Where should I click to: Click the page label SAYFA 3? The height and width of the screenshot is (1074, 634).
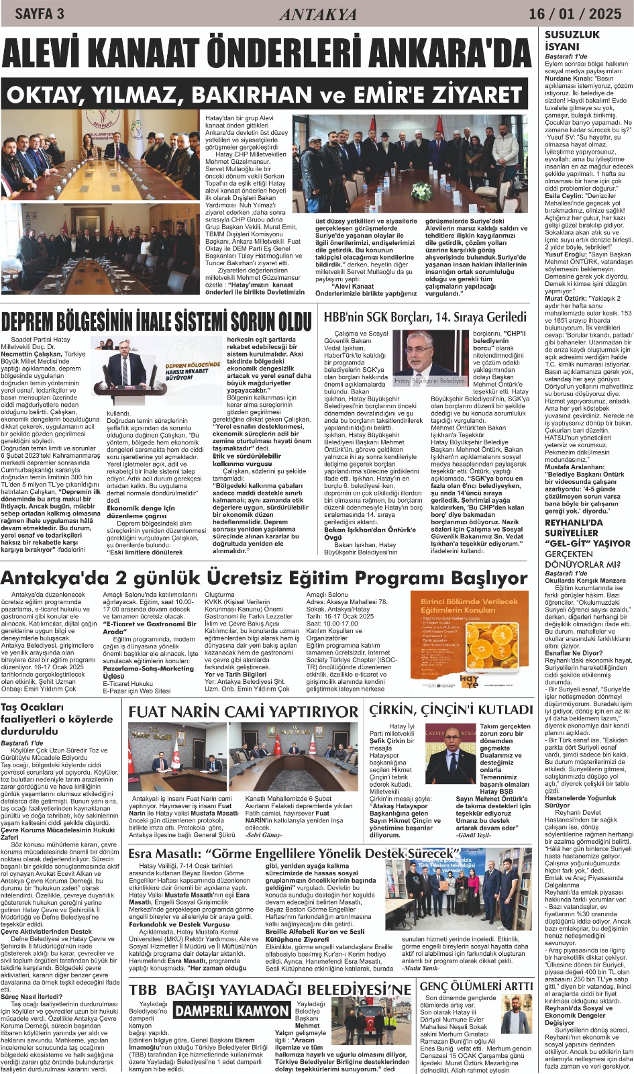(39, 13)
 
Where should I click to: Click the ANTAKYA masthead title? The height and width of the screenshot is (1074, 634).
(318, 14)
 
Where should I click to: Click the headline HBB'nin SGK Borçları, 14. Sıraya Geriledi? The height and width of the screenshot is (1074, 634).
(425, 317)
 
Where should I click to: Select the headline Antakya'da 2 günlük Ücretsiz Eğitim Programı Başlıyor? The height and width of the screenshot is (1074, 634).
(264, 578)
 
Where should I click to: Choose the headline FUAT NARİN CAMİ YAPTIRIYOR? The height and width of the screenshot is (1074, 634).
(244, 711)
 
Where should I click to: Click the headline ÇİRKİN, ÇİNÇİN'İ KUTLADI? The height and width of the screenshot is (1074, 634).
(451, 710)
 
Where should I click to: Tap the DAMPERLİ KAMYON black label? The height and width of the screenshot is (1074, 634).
(232, 1011)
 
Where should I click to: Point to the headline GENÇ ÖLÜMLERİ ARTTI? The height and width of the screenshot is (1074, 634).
(476, 986)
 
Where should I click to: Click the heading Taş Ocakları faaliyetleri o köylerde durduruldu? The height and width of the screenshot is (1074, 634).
(57, 719)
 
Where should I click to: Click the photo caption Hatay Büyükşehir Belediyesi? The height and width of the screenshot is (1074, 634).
(429, 381)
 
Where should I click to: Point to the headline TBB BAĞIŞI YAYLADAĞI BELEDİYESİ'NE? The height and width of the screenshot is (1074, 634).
(270, 990)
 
